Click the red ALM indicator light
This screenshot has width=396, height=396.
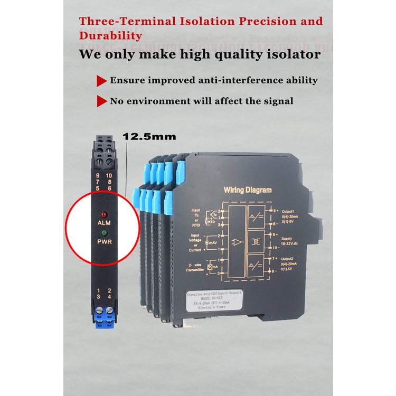[103, 215]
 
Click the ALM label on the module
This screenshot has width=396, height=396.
[103, 223]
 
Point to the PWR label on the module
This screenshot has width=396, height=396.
[104, 241]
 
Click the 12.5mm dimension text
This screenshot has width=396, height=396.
[149, 136]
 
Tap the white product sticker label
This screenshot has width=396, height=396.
[213, 299]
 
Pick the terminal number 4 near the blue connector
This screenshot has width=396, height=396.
[110, 297]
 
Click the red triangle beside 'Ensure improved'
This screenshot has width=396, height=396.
[101, 81]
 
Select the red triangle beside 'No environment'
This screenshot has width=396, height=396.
[101, 101]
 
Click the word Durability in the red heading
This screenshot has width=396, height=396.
[110, 36]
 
